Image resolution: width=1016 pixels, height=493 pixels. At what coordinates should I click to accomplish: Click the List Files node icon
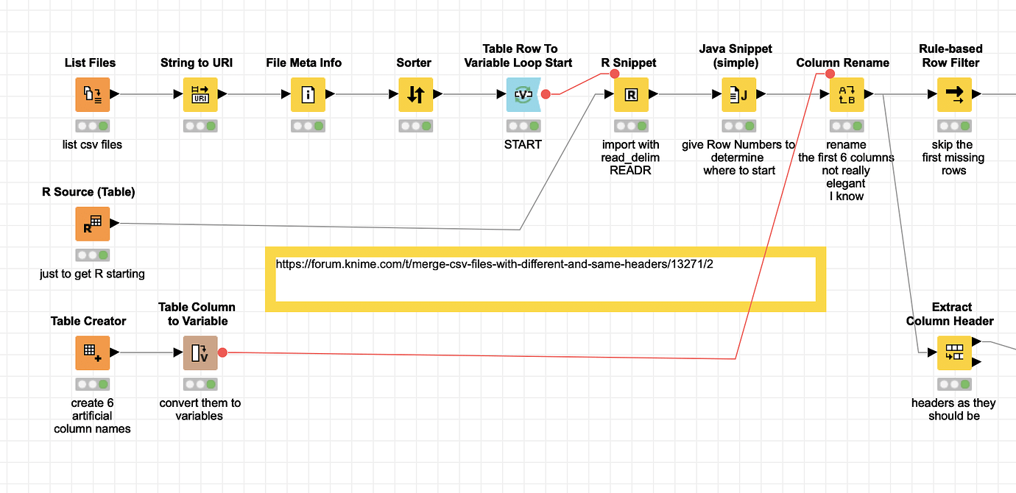(x=93, y=95)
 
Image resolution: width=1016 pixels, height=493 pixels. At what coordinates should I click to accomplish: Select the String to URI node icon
(x=200, y=95)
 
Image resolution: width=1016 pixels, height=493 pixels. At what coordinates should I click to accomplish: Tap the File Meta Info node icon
(x=308, y=95)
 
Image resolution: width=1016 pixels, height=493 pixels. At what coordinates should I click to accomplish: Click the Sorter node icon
(x=415, y=95)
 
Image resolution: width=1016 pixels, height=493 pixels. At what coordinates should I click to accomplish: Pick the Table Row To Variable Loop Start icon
(x=523, y=95)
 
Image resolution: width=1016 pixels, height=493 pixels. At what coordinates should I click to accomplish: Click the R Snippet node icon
(x=631, y=95)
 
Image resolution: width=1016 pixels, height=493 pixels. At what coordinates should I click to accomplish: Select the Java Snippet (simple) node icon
(x=739, y=95)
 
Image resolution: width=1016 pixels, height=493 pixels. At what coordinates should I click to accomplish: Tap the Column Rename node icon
(x=847, y=95)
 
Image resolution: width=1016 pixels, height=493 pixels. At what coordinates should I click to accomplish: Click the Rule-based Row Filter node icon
(x=954, y=95)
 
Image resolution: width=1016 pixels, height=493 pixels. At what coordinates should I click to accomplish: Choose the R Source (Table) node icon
(x=93, y=224)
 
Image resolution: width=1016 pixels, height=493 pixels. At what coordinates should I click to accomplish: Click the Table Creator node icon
(x=93, y=353)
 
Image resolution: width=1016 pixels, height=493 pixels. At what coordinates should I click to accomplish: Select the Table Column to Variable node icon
(x=200, y=353)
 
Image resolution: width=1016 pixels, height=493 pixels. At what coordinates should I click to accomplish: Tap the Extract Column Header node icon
(x=954, y=353)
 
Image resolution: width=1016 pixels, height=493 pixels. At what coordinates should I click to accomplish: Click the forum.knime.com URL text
(x=495, y=264)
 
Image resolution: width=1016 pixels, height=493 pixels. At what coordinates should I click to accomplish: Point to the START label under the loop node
(x=523, y=144)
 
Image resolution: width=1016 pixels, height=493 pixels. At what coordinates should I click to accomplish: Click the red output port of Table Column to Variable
(x=222, y=352)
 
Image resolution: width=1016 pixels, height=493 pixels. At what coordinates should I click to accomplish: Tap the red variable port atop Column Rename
(x=830, y=74)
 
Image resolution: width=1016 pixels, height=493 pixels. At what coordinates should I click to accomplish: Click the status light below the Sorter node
(x=415, y=126)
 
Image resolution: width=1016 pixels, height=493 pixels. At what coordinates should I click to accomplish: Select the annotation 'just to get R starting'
(x=92, y=274)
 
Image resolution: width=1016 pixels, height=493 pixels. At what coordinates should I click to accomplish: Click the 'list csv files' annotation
(x=92, y=144)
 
